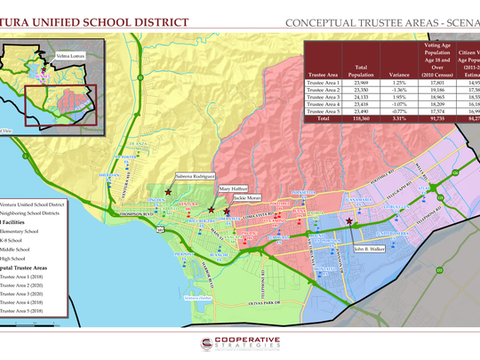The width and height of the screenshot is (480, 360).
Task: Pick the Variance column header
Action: click(x=375, y=76)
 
